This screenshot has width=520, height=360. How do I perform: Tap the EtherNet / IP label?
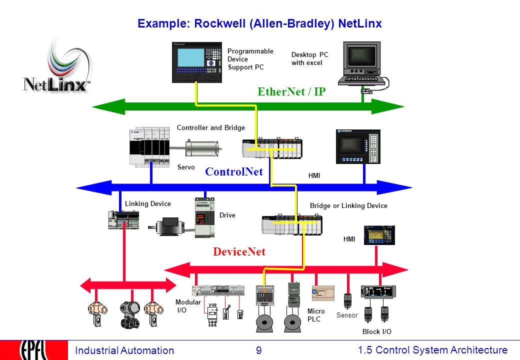pyautogui.click(x=291, y=91)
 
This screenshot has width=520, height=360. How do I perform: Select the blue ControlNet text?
pyautogui.click(x=234, y=171)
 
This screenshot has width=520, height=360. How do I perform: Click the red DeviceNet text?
pyautogui.click(x=239, y=251)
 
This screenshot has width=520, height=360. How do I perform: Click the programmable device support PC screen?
pyautogui.click(x=190, y=57)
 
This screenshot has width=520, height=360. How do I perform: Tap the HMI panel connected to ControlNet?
pyautogui.click(x=358, y=147)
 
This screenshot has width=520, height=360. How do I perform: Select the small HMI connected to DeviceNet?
pyautogui.click(x=379, y=235)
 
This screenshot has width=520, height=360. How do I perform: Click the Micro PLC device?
pyautogui.click(x=323, y=293)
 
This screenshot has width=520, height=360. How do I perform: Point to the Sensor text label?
pyautogui.click(x=347, y=315)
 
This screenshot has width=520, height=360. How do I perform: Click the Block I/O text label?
pyautogui.click(x=376, y=331)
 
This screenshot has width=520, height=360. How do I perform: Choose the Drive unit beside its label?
pyautogui.click(x=204, y=217)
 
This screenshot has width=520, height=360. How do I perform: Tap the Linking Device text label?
pyautogui.click(x=148, y=204)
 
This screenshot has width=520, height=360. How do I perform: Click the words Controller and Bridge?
pyautogui.click(x=211, y=127)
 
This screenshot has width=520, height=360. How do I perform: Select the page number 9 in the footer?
pyautogui.click(x=258, y=350)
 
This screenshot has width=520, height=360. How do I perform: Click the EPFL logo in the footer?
pyautogui.click(x=34, y=350)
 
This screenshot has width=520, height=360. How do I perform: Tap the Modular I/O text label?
pyautogui.click(x=188, y=306)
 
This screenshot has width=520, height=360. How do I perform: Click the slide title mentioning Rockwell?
pyautogui.click(x=259, y=23)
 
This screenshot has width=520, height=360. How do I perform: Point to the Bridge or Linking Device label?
pyautogui.click(x=348, y=206)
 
